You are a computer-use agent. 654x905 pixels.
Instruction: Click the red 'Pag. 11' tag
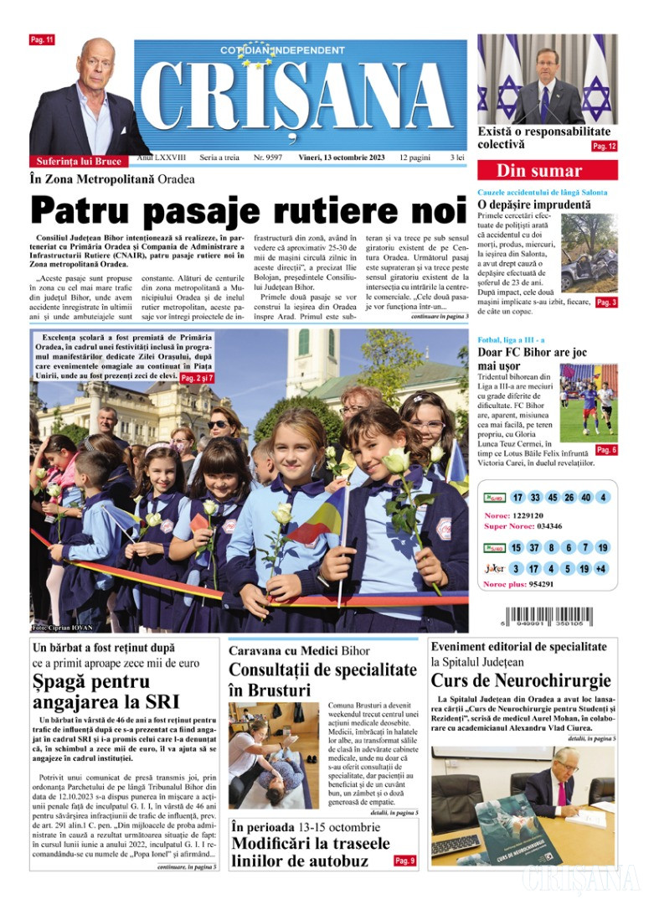coord(41,39)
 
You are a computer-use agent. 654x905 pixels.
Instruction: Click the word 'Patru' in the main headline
coord(90,209)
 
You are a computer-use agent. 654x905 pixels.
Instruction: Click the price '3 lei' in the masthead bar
coord(456,157)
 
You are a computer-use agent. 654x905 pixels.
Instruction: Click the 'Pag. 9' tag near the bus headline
coord(405,861)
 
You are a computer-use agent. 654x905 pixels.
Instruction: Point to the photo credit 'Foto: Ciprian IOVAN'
coord(61,628)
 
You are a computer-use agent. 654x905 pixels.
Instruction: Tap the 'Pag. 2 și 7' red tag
coord(198,378)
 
